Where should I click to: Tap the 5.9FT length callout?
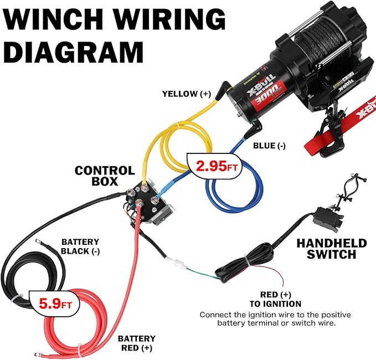point(55,304)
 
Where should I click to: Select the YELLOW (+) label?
point(186,94)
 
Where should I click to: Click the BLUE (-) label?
point(269,146)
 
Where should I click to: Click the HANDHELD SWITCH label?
point(331,249)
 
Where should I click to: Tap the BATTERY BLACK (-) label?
point(80,246)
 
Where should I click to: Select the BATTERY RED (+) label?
point(137,343)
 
